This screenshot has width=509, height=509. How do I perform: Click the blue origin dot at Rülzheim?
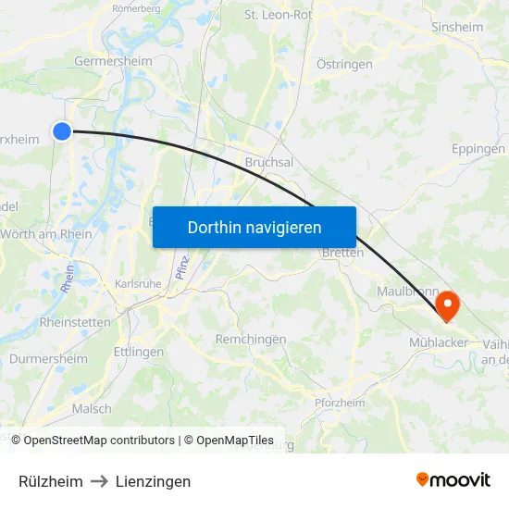tap(62, 131)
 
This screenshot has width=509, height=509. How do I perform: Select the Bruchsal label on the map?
tap(269, 162)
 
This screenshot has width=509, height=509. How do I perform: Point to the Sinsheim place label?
tap(457, 28)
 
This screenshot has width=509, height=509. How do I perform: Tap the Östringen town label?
tap(344, 65)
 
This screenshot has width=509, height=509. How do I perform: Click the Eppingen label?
tap(478, 149)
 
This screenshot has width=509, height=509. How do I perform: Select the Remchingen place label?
tap(251, 340)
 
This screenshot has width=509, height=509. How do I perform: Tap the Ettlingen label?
tap(138, 353)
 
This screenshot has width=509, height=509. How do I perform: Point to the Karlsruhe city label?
tap(138, 284)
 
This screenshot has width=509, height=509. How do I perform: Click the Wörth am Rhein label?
tap(46, 234)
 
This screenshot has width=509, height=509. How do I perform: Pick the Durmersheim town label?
tap(48, 359)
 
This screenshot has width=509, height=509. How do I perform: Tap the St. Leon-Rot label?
tap(278, 15)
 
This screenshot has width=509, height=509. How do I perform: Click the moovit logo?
tap(453, 480)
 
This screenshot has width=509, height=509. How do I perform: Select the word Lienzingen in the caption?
tap(154, 481)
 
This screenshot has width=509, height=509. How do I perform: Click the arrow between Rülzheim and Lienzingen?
tap(100, 481)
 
